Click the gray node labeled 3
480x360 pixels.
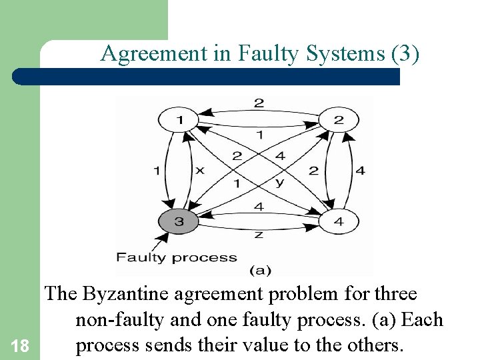tap(179, 221)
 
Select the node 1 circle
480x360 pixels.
tap(178, 121)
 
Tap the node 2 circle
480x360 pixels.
tap(339, 121)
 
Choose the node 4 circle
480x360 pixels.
tap(339, 221)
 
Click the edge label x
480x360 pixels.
tap(199, 171)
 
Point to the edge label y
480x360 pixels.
tap(279, 182)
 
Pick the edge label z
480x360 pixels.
tap(259, 235)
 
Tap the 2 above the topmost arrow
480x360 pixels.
tap(259, 103)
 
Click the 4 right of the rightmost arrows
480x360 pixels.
tap(361, 171)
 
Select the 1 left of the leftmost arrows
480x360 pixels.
tap(156, 171)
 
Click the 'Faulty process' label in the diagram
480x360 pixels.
tap(177, 257)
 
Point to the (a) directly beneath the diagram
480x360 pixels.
tap(259, 270)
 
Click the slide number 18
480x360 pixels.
tap(21, 345)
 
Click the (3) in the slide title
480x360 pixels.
tap(407, 53)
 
